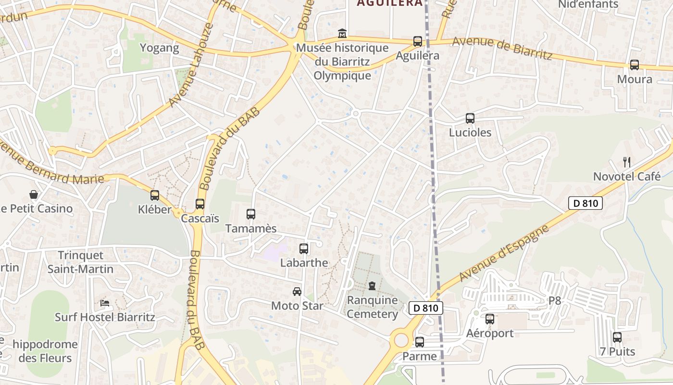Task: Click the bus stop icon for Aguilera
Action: pyautogui.click(x=418, y=41)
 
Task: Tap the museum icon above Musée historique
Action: pyautogui.click(x=342, y=33)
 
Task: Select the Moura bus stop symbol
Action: pyautogui.click(x=635, y=65)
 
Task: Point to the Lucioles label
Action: pyautogui.click(x=470, y=132)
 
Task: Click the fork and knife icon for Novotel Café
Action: pyautogui.click(x=626, y=162)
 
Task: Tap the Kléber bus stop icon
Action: pyautogui.click(x=155, y=195)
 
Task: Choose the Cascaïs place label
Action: pyautogui.click(x=200, y=218)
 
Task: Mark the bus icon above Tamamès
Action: pyautogui.click(x=251, y=214)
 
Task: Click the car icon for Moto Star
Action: pyautogui.click(x=297, y=292)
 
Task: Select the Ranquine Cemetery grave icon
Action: pyautogui.click(x=372, y=286)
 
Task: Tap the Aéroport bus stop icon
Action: pyautogui.click(x=490, y=319)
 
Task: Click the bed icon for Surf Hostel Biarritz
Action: pyautogui.click(x=105, y=303)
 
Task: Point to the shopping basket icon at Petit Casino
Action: pyautogui.click(x=34, y=194)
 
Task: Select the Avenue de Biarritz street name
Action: pyautogui.click(x=502, y=48)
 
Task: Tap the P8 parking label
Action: pyautogui.click(x=555, y=301)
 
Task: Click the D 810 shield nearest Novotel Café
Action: pyautogui.click(x=586, y=203)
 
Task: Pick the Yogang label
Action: pyautogui.click(x=159, y=48)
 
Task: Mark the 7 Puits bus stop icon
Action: pyautogui.click(x=617, y=337)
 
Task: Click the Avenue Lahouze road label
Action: pyautogui.click(x=191, y=65)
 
